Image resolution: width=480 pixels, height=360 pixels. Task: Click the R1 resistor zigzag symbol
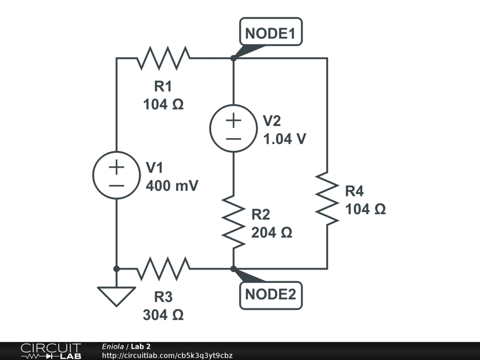click(164, 58)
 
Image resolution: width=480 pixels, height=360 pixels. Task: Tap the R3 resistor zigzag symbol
click(164, 269)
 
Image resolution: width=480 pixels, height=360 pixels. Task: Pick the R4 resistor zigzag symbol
click(327, 198)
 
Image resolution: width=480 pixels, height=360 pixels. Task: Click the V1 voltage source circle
click(116, 175)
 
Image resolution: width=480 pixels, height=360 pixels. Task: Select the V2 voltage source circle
click(233, 128)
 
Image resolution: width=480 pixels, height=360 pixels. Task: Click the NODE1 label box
click(270, 32)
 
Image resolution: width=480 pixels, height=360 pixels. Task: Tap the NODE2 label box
click(270, 295)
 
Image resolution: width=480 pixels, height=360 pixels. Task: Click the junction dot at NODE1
click(233, 58)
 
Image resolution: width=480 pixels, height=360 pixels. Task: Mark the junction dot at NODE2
click(233, 269)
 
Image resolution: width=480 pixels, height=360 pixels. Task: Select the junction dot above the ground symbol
click(116, 269)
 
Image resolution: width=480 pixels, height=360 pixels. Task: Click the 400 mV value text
click(172, 186)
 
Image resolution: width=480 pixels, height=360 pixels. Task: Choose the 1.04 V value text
click(285, 139)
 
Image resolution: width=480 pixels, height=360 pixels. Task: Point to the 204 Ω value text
click(271, 232)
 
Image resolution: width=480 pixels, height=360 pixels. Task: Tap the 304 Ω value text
click(163, 315)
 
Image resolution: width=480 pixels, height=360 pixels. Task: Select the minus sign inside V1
click(116, 185)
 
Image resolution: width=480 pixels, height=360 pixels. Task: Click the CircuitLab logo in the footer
click(50, 351)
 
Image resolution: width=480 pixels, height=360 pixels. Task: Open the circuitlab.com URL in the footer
click(167, 355)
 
